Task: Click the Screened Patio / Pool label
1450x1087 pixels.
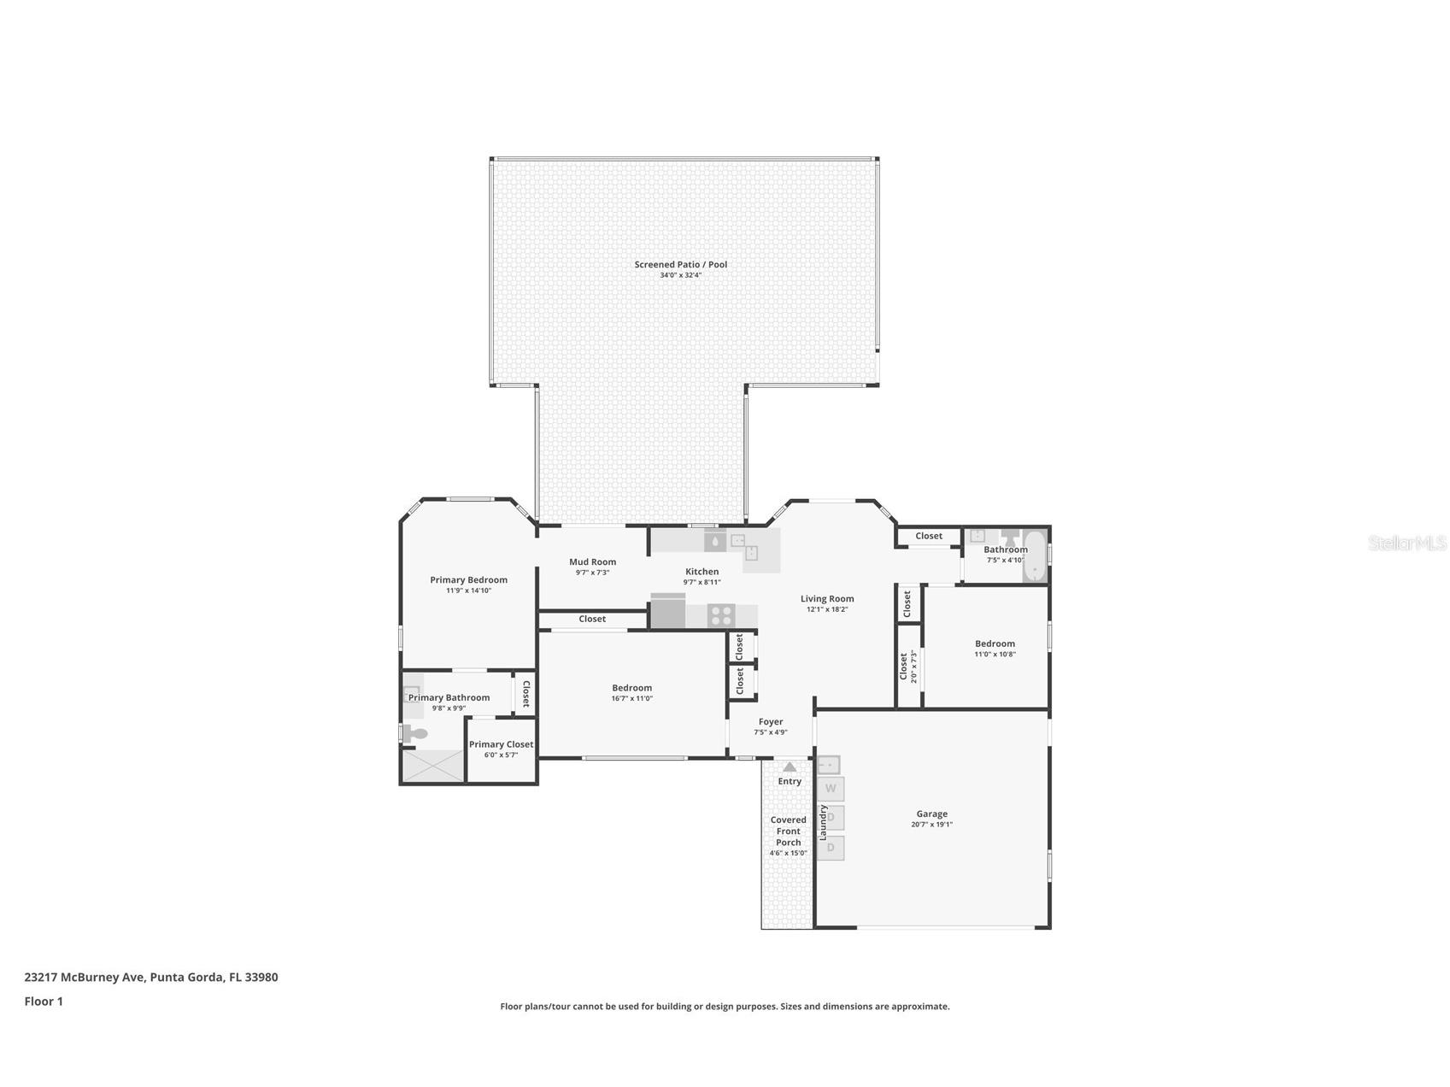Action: pyautogui.click(x=680, y=264)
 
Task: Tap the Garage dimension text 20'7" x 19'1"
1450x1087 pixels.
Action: pyautogui.click(x=931, y=825)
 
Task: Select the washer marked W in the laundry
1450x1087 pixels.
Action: pyautogui.click(x=830, y=788)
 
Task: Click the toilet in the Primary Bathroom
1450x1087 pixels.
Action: pyautogui.click(x=416, y=733)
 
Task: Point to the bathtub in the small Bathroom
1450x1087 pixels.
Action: pyautogui.click(x=1035, y=555)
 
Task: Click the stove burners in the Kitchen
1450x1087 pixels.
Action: pyautogui.click(x=721, y=614)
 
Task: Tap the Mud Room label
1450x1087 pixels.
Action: pyautogui.click(x=592, y=561)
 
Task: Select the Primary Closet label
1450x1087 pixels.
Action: pyautogui.click(x=501, y=744)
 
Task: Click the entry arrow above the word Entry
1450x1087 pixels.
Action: pyautogui.click(x=790, y=767)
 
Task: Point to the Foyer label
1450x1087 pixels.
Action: pyautogui.click(x=770, y=721)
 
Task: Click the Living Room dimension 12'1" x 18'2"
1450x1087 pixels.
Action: pyautogui.click(x=826, y=609)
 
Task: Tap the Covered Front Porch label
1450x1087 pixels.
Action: pyautogui.click(x=788, y=831)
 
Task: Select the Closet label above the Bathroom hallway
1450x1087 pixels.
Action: pyautogui.click(x=928, y=536)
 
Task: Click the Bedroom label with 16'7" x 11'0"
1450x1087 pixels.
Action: pyautogui.click(x=631, y=688)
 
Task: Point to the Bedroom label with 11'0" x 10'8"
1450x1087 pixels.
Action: pyautogui.click(x=995, y=643)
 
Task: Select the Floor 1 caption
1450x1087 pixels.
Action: pyautogui.click(x=44, y=1001)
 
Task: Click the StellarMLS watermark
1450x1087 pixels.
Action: pyautogui.click(x=1406, y=543)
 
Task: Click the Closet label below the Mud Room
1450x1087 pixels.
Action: pyautogui.click(x=591, y=619)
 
